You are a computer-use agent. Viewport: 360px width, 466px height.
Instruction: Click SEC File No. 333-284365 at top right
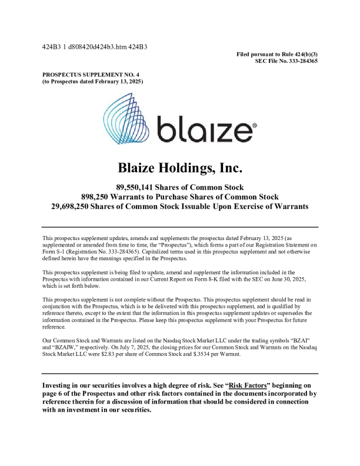(286, 61)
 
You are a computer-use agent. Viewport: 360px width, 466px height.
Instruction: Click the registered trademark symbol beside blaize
(254, 125)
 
